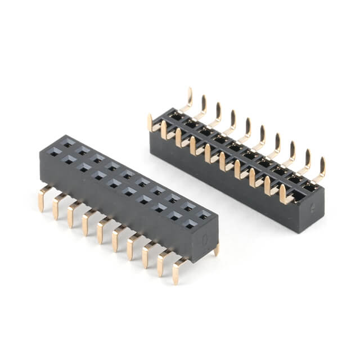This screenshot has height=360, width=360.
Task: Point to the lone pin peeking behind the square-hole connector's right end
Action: pyautogui.click(x=216, y=250)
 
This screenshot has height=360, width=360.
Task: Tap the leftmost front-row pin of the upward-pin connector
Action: pyautogui.click(x=151, y=122)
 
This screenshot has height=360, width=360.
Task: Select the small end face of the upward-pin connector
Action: pyautogui.click(x=312, y=211)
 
